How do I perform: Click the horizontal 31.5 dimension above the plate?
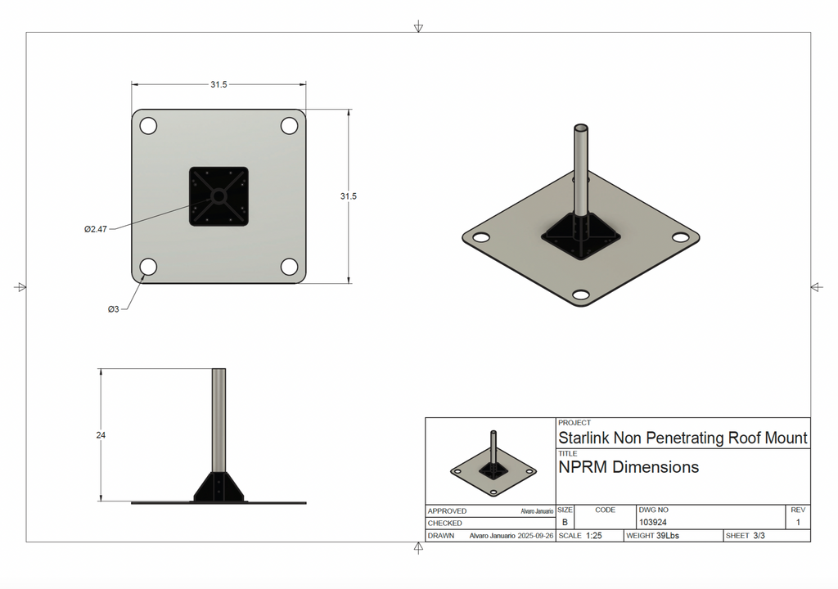(x=219, y=84)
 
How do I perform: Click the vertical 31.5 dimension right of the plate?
(x=348, y=196)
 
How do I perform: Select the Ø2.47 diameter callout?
(x=96, y=229)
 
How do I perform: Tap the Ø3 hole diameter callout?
(x=113, y=308)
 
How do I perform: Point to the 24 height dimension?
(x=101, y=435)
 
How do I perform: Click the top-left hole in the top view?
(x=148, y=126)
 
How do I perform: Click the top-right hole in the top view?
(x=290, y=126)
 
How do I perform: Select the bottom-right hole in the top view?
(x=290, y=267)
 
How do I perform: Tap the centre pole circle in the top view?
(x=219, y=196)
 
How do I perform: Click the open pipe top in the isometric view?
(x=581, y=128)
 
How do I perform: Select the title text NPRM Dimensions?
(x=628, y=467)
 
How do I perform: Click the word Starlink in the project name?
(x=583, y=438)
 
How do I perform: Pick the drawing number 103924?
(x=652, y=522)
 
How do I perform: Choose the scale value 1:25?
(x=593, y=536)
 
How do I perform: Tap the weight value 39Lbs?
(x=667, y=536)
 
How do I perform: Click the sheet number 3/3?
(x=759, y=536)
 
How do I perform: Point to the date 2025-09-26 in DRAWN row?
(x=535, y=536)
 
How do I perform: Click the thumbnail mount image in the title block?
(x=493, y=463)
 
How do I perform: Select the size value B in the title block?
(x=565, y=522)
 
